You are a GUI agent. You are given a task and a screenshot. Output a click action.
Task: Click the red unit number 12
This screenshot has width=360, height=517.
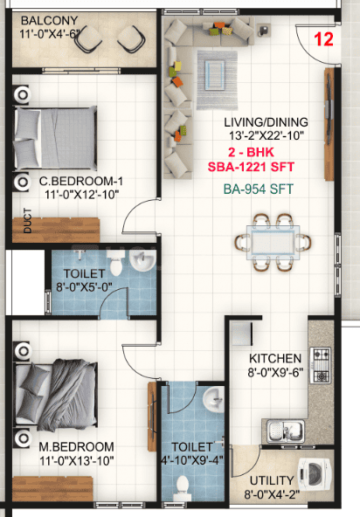323,39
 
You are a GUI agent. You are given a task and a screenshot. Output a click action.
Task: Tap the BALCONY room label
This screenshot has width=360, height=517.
50,21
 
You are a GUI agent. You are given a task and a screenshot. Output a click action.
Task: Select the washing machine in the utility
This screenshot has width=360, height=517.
314,474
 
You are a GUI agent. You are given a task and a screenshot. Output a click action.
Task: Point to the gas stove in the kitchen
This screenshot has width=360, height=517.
322,365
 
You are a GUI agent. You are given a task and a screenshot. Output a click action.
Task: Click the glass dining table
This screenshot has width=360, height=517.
273,243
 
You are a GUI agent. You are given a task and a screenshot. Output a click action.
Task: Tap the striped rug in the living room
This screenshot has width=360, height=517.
217,80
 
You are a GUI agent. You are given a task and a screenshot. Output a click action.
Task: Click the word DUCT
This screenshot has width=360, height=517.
28,221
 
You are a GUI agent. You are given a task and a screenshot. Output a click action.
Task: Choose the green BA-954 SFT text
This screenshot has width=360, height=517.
259,190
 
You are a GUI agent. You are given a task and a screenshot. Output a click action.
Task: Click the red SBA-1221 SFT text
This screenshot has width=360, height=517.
251,167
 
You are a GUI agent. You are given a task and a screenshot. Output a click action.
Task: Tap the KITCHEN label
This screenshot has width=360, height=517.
275,358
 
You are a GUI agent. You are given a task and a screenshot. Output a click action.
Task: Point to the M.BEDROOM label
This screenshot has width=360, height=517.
77,447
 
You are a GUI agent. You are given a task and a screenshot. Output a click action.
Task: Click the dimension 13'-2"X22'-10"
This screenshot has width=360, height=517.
267,135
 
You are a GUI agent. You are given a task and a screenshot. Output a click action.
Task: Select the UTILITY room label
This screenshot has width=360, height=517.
272,480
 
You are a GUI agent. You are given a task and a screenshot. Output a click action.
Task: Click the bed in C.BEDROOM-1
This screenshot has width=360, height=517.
55,138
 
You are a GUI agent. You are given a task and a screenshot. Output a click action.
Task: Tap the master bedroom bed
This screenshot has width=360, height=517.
55,395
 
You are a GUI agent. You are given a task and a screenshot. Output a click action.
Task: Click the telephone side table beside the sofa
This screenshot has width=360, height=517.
263,30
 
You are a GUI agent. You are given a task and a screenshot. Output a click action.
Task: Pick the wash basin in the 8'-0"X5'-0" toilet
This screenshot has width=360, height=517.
142,260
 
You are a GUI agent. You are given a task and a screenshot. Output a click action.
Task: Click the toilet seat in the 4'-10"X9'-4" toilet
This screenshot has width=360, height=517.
183,488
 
